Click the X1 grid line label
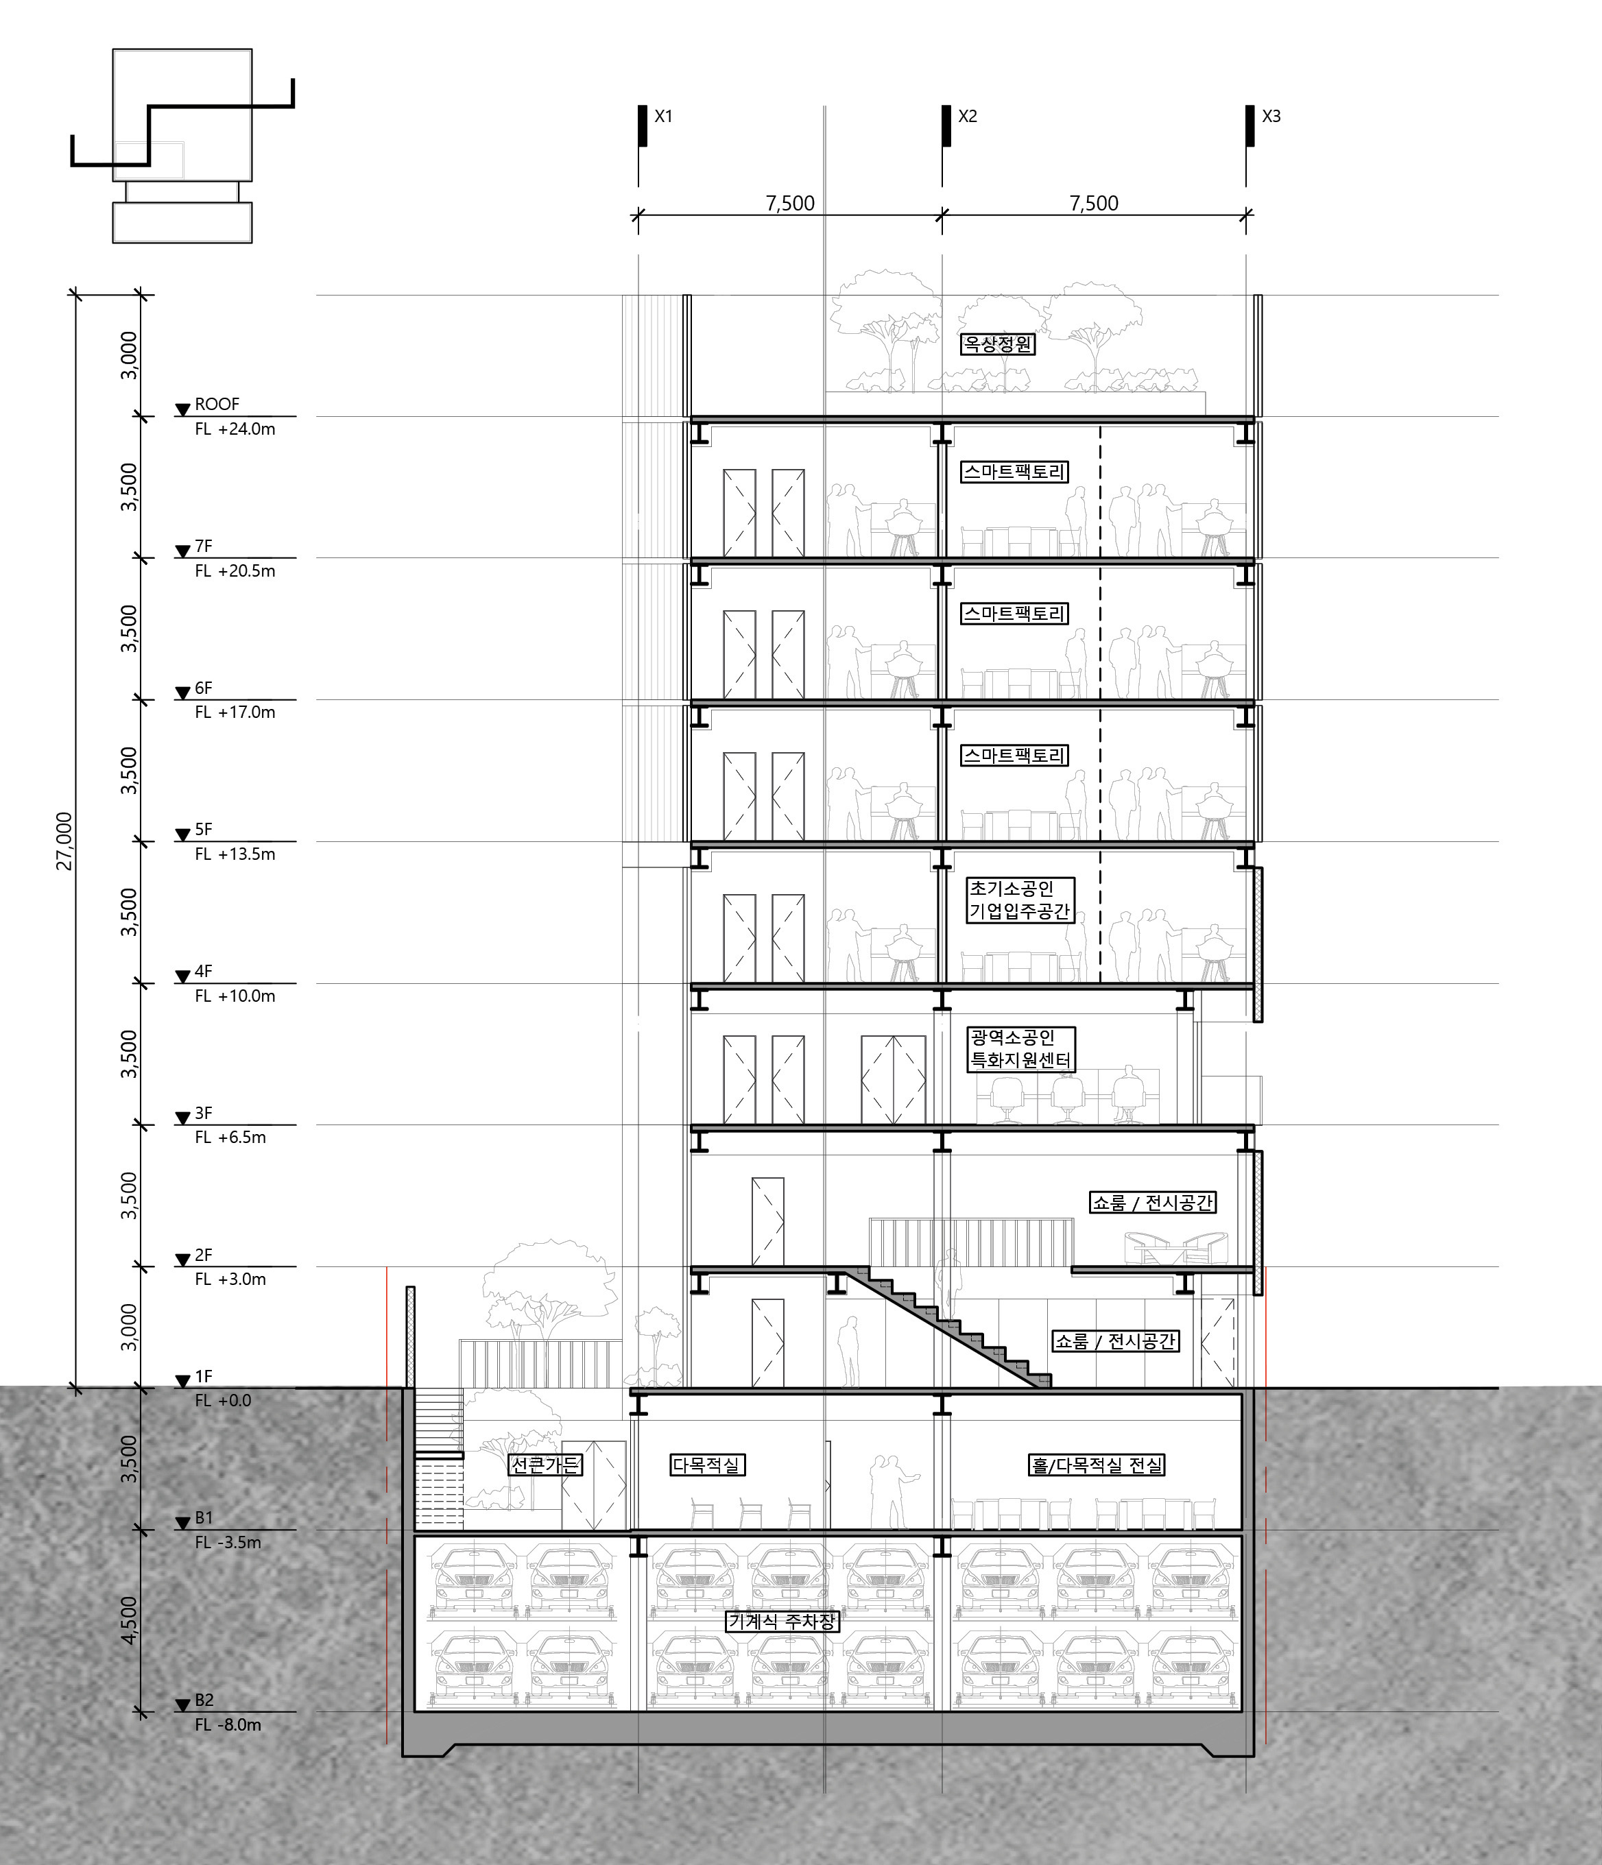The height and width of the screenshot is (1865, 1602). tap(664, 116)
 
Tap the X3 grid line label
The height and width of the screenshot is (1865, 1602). tap(1271, 116)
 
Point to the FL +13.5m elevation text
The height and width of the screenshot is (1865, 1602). tap(235, 853)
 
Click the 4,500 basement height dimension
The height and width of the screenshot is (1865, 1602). tap(130, 1620)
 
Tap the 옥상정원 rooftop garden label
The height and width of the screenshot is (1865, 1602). tap(998, 344)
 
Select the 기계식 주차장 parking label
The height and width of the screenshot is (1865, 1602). tap(782, 1621)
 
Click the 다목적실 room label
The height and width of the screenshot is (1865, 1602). tap(707, 1465)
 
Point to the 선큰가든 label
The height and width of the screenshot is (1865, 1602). tap(546, 1465)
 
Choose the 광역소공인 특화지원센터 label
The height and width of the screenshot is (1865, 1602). tap(1020, 1048)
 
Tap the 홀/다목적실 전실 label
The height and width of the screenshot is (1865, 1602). tap(1097, 1465)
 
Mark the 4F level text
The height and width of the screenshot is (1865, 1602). tap(204, 971)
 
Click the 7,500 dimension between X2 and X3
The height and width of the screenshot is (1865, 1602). tap(1094, 204)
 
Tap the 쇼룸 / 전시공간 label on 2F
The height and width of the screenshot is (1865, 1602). tap(1153, 1203)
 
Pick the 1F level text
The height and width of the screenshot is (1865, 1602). tap(204, 1376)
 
